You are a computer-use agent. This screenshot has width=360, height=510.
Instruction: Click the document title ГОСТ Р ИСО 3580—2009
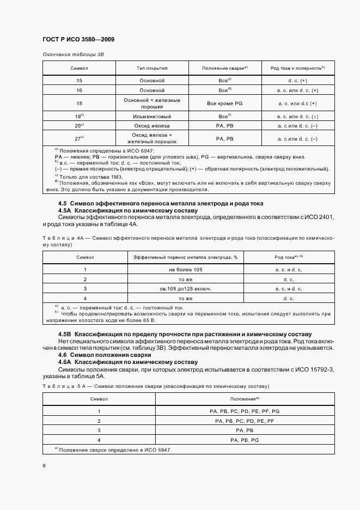(78, 39)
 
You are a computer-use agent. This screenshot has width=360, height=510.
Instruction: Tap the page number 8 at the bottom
(44, 465)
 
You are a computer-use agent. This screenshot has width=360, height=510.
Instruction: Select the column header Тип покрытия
(152, 68)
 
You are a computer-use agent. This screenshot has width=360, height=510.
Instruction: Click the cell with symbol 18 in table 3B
(79, 104)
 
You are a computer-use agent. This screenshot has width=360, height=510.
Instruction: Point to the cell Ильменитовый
(152, 117)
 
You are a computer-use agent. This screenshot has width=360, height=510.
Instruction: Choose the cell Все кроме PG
(224, 104)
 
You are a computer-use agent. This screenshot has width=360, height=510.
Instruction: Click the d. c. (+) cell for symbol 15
(297, 80)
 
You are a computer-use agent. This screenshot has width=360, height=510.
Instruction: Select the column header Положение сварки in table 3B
(224, 68)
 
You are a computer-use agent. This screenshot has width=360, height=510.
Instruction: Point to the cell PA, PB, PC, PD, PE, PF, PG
(244, 411)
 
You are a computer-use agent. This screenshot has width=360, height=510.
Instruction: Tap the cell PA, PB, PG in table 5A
(244, 440)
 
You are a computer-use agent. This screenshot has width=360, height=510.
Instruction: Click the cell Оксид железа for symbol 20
(152, 126)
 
